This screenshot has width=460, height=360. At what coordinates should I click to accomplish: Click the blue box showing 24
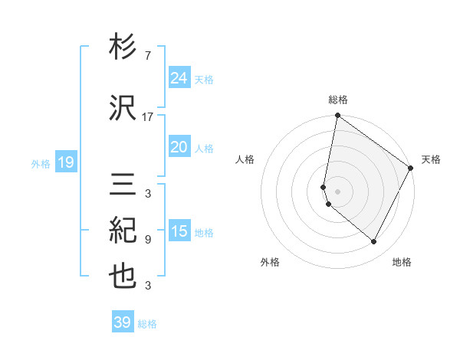(179, 78)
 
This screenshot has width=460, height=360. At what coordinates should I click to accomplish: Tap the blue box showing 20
(179, 147)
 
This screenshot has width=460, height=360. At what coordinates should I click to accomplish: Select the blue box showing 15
(179, 231)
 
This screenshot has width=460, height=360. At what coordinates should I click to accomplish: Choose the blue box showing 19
(65, 162)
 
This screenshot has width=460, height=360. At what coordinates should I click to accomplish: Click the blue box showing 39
(122, 322)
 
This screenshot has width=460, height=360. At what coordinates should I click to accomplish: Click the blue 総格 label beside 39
(147, 324)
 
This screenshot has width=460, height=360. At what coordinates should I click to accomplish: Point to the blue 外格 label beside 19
(41, 163)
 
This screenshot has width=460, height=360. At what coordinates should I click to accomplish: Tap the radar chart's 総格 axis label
(338, 100)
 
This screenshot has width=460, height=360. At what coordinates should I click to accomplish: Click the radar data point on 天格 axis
(411, 169)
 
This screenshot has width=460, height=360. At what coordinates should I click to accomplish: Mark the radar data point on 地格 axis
(374, 242)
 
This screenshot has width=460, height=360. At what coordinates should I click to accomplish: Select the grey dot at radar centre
(338, 191)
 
